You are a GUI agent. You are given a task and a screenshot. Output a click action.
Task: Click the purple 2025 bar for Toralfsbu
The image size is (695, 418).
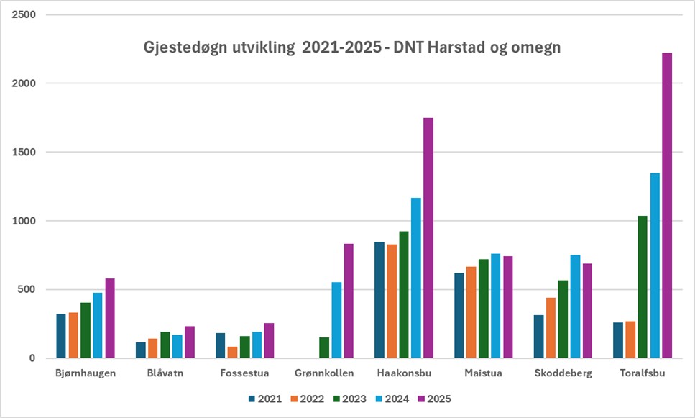[667, 205]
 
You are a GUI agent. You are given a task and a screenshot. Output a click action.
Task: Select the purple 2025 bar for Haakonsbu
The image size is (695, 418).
[428, 237]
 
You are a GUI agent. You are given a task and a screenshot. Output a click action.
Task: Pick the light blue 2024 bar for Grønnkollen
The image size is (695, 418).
[336, 320]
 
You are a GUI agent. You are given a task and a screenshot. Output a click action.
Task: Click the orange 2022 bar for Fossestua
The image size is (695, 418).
[233, 352]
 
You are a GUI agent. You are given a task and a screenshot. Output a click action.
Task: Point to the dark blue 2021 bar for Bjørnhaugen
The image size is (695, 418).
[61, 335]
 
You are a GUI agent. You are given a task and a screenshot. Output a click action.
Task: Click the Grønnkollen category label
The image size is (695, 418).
[325, 373]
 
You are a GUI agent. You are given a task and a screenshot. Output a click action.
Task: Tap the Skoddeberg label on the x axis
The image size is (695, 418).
[563, 373]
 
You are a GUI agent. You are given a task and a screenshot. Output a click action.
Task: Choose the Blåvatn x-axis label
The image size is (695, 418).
[165, 373]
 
